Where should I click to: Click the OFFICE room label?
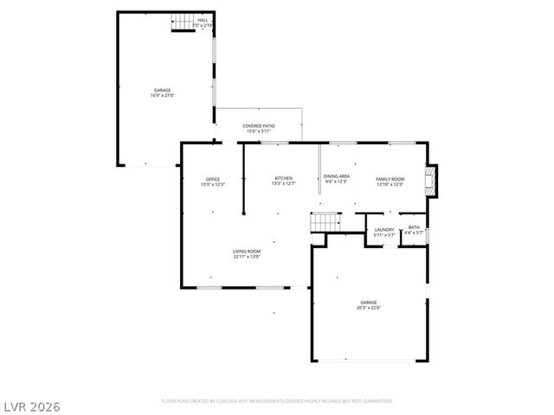[212, 179]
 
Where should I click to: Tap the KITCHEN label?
[284, 177]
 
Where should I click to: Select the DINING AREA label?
[336, 176]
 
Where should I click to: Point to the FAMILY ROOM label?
[390, 178]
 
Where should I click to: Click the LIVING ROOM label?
[247, 251]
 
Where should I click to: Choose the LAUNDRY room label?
[383, 229]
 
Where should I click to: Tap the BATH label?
[414, 227]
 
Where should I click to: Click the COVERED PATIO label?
[259, 126]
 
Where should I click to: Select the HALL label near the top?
[203, 19]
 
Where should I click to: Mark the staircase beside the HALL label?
[180, 26]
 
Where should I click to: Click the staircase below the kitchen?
[325, 221]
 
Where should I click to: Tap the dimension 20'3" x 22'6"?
[370, 308]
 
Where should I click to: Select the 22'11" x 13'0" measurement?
[247, 257]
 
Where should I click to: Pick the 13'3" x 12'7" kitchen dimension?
[284, 183]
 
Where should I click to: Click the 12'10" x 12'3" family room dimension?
[390, 184]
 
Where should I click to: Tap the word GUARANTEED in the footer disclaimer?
[375, 401]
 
